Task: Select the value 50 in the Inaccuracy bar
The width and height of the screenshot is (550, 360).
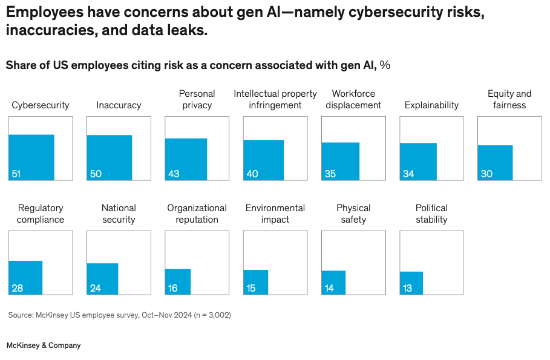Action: point(96,174)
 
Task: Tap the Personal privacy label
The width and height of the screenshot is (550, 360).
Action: point(197,99)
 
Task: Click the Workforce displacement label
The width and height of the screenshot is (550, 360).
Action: point(353,99)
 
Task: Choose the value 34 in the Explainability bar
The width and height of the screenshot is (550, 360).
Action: point(408,174)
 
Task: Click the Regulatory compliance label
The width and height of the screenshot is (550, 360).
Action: point(41,214)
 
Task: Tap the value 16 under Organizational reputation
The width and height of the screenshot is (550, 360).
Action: point(173,289)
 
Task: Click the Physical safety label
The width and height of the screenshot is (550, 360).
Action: point(353,214)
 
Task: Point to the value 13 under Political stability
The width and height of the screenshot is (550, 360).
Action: point(407,289)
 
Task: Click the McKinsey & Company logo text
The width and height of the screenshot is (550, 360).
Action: point(44,345)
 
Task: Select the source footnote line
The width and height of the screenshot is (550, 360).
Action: point(119,315)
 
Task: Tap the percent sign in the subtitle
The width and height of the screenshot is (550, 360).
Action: point(385,65)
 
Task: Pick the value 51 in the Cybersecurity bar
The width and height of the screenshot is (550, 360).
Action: point(16,174)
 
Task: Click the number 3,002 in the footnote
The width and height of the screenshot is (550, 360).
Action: point(218,315)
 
